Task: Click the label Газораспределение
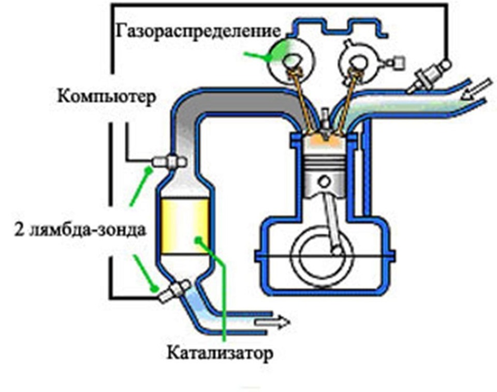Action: coord(198,31)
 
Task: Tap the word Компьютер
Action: coord(107,96)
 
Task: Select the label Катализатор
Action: coord(220,353)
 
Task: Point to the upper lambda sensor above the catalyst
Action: coord(169,162)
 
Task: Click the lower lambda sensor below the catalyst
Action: coord(174,291)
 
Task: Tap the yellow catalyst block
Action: coord(185,226)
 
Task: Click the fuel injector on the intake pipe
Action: coord(428,77)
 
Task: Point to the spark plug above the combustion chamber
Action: coord(325,124)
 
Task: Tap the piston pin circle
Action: coord(324,183)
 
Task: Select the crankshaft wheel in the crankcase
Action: coord(321,256)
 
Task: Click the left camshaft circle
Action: coord(290,60)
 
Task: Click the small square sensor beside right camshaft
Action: coord(399,63)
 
